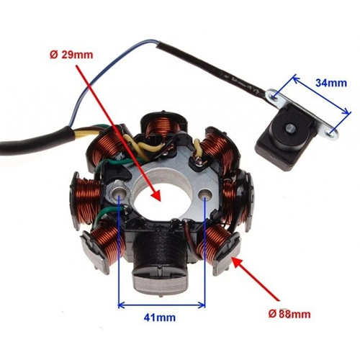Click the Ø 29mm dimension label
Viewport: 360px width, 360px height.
pos(71,55)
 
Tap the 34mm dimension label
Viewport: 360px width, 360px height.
pos(331,83)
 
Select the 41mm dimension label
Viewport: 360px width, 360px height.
pos(160,318)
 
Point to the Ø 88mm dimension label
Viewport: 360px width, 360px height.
pos(289,314)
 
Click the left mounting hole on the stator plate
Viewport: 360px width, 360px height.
pos(119,193)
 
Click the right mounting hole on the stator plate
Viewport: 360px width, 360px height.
pos(205,194)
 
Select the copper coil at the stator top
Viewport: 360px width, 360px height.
pos(163,126)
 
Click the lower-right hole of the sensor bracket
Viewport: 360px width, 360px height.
pos(331,133)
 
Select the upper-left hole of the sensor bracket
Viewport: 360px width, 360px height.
pos(274,96)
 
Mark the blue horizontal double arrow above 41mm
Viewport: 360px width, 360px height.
pos(161,305)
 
